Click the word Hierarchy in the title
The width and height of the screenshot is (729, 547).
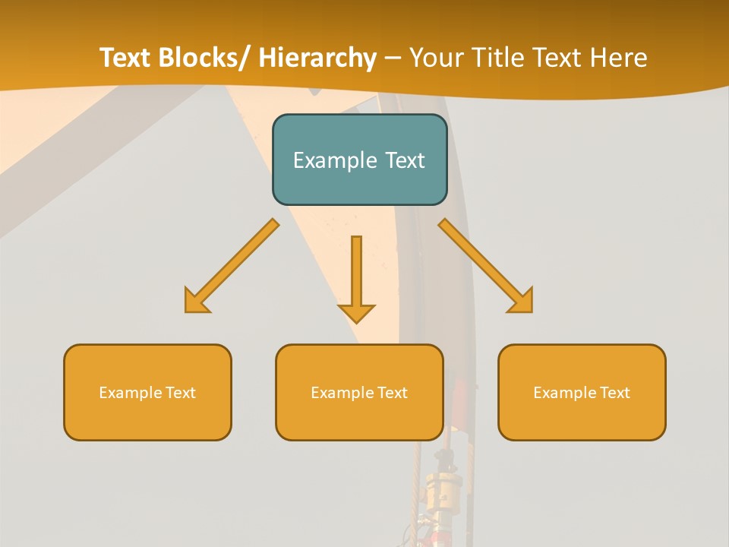(x=317, y=58)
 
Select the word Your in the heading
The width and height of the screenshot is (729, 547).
(x=437, y=58)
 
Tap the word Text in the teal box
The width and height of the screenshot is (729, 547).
(x=405, y=160)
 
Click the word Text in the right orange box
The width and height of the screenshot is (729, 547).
(x=614, y=393)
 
